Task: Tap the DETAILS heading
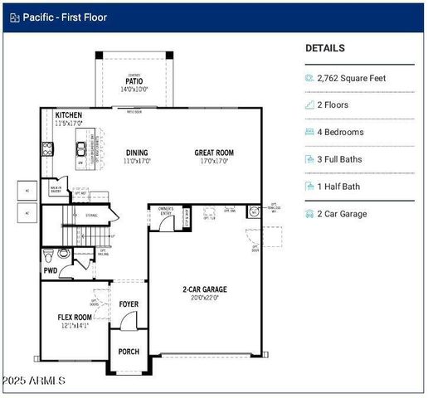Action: [324, 49]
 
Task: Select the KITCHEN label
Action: [69, 115]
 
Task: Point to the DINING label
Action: [137, 153]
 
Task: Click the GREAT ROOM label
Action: [214, 153]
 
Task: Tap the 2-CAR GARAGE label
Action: [205, 289]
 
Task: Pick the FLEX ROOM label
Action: [74, 317]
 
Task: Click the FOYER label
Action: [129, 303]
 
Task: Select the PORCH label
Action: [129, 352]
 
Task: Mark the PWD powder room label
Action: [51, 271]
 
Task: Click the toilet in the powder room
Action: [50, 253]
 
